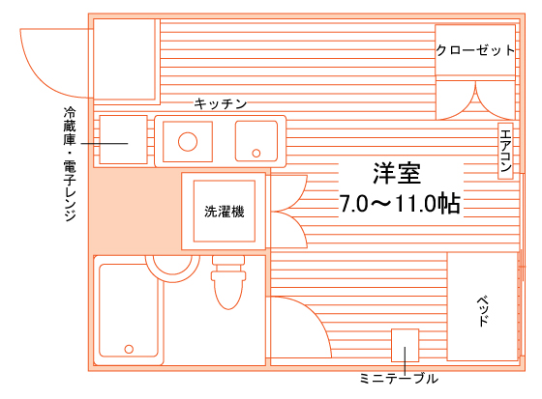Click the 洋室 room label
click(x=397, y=173)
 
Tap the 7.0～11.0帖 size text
click(x=400, y=203)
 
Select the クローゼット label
click(x=475, y=50)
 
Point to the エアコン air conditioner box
click(x=505, y=151)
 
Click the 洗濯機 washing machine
click(x=224, y=211)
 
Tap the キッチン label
click(x=221, y=103)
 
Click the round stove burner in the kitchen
click(x=188, y=141)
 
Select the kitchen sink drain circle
click(x=256, y=153)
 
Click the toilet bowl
click(x=228, y=289)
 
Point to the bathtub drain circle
click(x=129, y=349)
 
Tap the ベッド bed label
click(x=483, y=311)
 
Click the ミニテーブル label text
click(x=399, y=379)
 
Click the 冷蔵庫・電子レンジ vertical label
click(x=70, y=163)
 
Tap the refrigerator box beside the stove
click(x=124, y=139)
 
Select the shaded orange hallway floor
click(x=135, y=211)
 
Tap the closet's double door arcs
click(x=475, y=101)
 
